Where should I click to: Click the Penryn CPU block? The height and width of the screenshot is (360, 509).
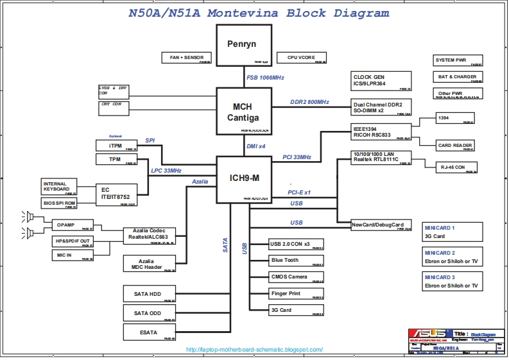click(241, 45)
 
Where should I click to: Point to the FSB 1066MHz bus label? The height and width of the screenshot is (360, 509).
click(265, 78)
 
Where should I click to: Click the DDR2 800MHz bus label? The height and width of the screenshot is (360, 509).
click(309, 102)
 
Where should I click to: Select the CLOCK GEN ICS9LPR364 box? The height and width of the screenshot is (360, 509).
click(381, 81)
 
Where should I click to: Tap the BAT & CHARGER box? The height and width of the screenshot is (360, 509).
click(457, 77)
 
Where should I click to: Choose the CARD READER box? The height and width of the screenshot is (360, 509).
click(455, 146)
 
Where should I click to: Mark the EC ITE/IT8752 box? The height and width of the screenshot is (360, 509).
click(116, 194)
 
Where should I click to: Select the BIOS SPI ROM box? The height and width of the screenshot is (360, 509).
click(59, 203)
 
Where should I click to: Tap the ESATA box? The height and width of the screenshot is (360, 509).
click(149, 332)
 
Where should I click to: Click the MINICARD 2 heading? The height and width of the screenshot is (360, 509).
click(439, 253)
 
